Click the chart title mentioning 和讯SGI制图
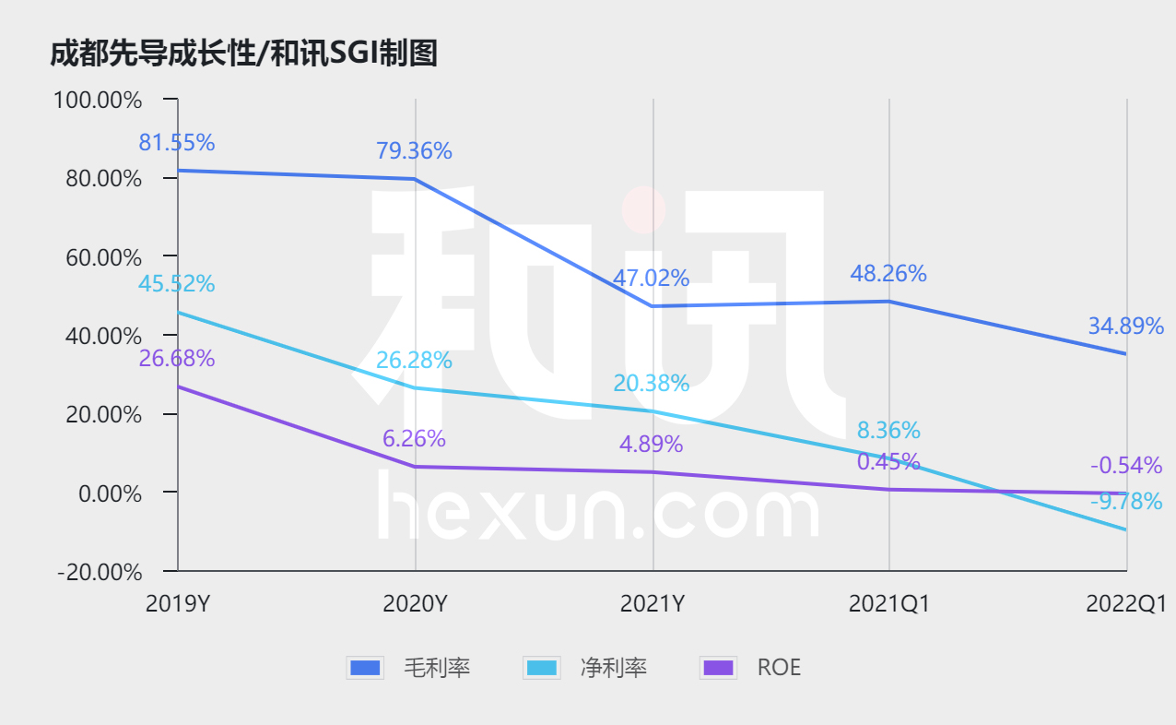(243, 54)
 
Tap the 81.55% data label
(177, 143)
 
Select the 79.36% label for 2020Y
(414, 151)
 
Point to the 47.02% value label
(652, 278)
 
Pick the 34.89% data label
(1125, 327)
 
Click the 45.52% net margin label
(177, 284)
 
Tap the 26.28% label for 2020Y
(414, 360)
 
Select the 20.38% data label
(652, 383)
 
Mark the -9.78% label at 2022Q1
(1125, 503)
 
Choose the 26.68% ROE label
(177, 359)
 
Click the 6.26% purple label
(414, 439)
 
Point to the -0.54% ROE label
(1125, 466)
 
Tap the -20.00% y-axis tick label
(100, 572)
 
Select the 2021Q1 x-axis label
(888, 604)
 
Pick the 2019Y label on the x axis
(177, 604)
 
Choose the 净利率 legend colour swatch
(541, 668)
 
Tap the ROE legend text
(779, 668)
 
